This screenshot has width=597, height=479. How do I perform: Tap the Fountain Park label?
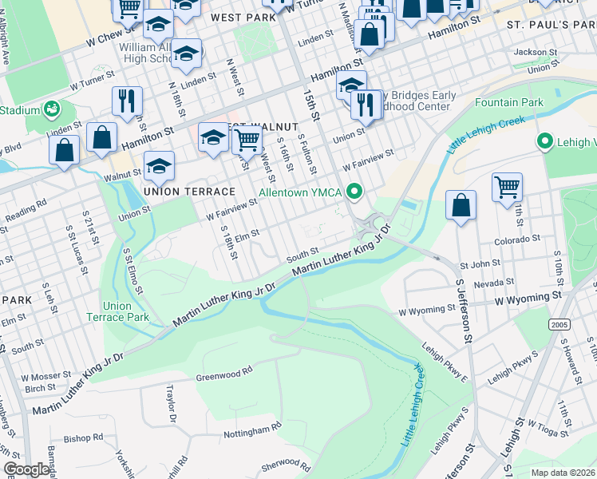508,102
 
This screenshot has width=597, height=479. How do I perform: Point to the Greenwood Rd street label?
224,370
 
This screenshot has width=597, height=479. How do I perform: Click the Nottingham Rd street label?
254,430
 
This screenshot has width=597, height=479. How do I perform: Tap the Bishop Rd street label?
84,437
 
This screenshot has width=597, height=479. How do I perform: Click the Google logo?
26,469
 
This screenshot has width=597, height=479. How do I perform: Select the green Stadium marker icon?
53,108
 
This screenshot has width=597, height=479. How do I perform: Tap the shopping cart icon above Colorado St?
507,187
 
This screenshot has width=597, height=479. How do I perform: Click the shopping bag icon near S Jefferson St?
461,204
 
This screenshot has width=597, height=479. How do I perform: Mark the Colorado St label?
518,238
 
